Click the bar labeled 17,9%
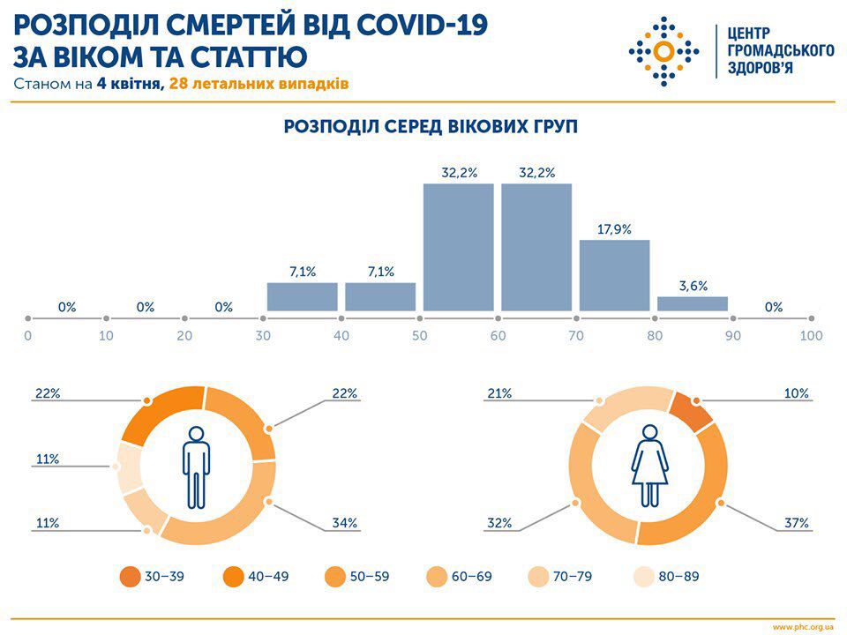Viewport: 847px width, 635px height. coord(614,275)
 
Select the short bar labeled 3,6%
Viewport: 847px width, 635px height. coord(693,303)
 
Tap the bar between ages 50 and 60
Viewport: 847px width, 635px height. coord(458,247)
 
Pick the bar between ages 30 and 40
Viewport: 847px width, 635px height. coord(303,296)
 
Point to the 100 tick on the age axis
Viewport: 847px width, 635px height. coord(811,336)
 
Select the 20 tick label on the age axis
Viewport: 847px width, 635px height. coord(184,336)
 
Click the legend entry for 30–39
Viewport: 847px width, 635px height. coord(155,577)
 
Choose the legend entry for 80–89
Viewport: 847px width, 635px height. coord(668,577)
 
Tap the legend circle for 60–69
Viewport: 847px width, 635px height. coord(437,577)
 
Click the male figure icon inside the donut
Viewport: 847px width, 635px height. coord(196,467)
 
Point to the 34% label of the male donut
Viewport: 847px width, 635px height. coord(345,523)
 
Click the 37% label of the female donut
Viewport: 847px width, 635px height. coord(797,523)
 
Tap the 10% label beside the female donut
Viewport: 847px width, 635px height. coord(797,393)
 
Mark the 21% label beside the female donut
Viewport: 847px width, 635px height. coord(499,393)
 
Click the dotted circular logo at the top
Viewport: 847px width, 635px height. coord(663,50)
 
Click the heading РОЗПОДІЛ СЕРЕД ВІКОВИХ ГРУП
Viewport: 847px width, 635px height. coord(431,127)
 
